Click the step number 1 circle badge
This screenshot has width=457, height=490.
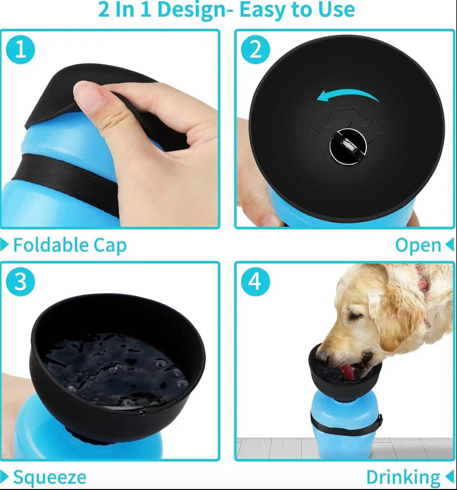tap(20, 50)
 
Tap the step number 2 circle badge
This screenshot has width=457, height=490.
tap(255, 50)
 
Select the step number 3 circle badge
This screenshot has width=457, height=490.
tap(20, 282)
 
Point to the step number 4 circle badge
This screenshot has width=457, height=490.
tap(255, 282)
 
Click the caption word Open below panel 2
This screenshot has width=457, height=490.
tap(418, 245)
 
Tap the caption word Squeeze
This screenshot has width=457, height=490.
tap(50, 477)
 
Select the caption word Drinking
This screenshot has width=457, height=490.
tap(403, 477)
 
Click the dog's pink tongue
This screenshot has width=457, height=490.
tap(348, 372)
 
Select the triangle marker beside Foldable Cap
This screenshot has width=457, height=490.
tap(4, 245)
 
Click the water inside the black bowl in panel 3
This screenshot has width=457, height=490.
tap(115, 368)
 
